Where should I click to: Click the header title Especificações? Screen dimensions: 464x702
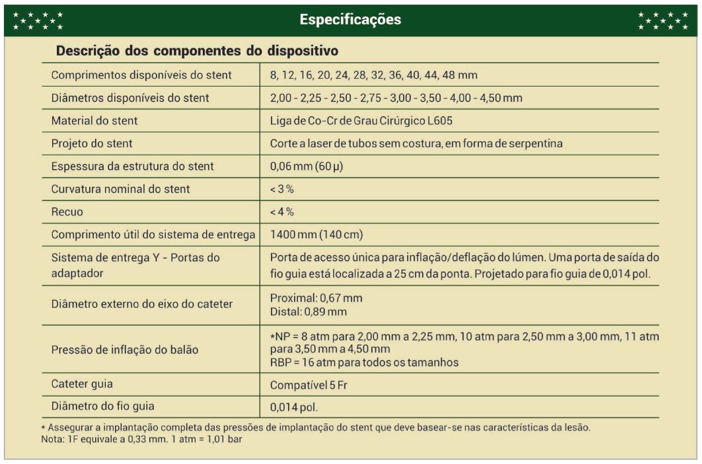coord(350,20)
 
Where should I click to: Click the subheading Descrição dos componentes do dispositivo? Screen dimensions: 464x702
coord(197,50)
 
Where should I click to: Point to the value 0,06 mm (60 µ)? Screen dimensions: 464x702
coord(306,166)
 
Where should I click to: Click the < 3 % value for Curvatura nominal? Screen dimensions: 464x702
coord(282,189)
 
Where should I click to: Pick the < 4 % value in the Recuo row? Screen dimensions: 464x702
coord(282,212)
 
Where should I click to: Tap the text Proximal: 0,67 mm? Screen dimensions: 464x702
coord(316,298)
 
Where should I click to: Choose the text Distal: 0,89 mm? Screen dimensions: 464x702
coord(308,311)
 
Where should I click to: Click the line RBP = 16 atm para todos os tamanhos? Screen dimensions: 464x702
coord(364,362)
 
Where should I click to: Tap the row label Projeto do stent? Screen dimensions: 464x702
coord(92,143)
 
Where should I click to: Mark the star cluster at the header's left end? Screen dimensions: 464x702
coord(38,20)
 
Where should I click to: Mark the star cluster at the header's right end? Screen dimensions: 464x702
coord(663,20)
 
